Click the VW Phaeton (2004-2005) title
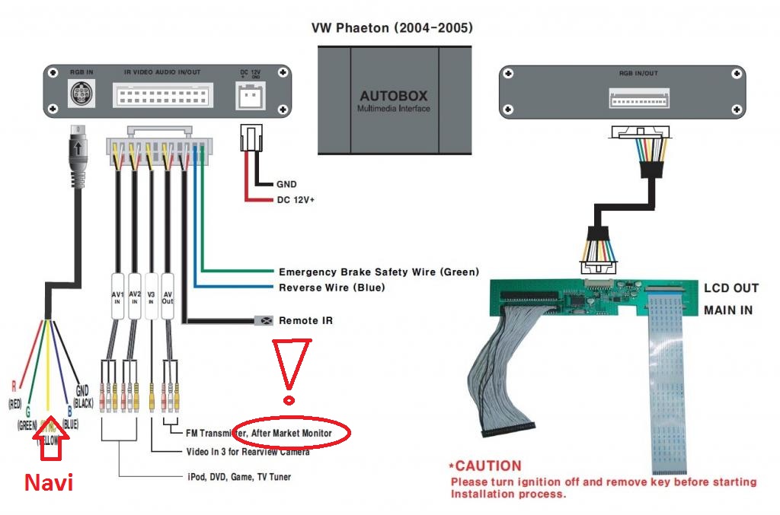tap(392, 28)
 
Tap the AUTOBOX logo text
tap(394, 97)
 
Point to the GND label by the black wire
tap(286, 184)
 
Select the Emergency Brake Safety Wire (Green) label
tap(379, 272)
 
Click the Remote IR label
tap(305, 320)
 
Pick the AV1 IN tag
tap(117, 296)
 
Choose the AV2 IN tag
tap(135, 296)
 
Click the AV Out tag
tap(168, 296)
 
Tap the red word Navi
tap(49, 482)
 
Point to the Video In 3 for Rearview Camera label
tap(248, 452)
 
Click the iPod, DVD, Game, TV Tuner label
tap(238, 477)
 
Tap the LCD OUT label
tap(730, 288)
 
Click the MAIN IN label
tap(728, 310)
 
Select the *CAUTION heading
tap(485, 466)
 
